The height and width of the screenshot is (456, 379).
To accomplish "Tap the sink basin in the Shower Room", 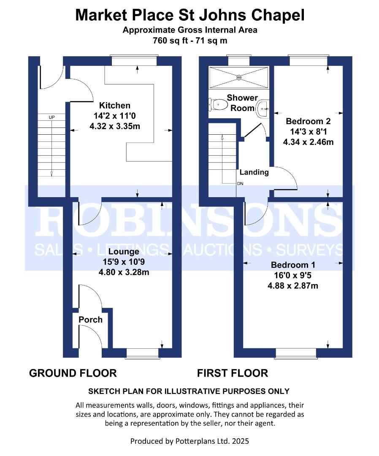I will coord(263,108).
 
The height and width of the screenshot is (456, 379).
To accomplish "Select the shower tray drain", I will coord(239,77).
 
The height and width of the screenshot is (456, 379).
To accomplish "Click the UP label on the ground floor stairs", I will coord(51,117).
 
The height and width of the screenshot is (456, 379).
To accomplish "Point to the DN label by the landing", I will coord(240,184).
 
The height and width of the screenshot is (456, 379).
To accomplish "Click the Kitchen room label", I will coord(114,105).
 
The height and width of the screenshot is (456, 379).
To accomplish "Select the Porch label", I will coord(90,320).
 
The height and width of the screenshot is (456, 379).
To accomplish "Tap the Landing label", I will coord(254,172).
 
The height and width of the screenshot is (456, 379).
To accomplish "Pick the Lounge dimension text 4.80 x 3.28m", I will coord(126,272).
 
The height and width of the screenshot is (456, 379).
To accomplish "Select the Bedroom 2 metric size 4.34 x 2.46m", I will coord(308,142).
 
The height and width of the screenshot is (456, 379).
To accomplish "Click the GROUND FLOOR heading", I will coord(73,373).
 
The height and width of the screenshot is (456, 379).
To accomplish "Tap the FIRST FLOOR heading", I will coord(232,373).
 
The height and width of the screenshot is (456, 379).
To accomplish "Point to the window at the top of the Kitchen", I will coord(134,61).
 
